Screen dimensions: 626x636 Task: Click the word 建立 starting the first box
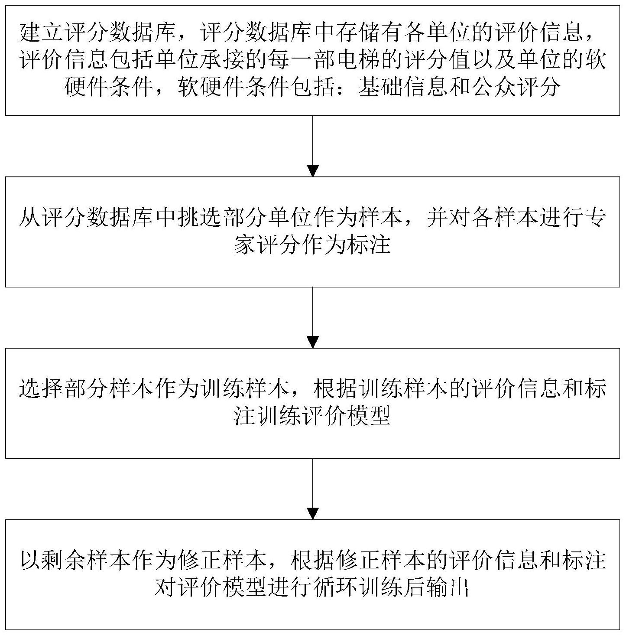pos(42,34)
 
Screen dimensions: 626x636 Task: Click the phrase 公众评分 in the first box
pos(516,87)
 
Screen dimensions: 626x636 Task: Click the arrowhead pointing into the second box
pos(313,170)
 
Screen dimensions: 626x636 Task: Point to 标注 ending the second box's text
pos(369,245)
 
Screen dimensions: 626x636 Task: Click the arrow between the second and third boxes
pos(313,317)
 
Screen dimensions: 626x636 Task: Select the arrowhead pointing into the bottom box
pos(313,513)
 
